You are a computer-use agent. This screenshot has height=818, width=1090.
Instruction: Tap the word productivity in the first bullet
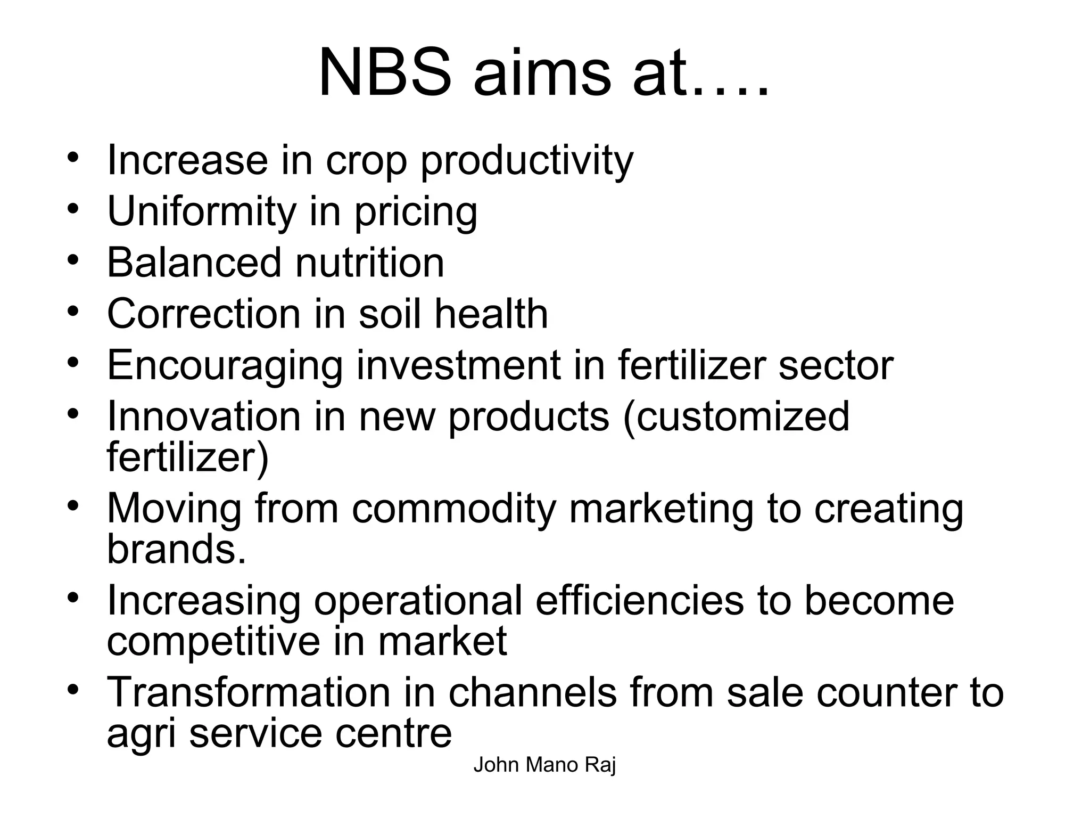point(527,160)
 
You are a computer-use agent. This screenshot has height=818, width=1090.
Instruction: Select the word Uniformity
point(201,211)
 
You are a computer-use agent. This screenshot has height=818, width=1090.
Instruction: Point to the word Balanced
point(194,263)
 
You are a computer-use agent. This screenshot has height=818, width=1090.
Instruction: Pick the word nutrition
point(369,263)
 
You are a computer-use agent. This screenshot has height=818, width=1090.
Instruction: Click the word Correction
point(204,314)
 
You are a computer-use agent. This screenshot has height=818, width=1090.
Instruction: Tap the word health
point(491,314)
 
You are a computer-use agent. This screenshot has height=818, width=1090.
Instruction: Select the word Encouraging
point(225,366)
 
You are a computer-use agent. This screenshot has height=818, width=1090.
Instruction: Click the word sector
point(836,366)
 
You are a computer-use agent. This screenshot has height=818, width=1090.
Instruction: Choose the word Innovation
point(204,416)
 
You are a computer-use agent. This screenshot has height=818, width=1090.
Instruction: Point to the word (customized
point(736,417)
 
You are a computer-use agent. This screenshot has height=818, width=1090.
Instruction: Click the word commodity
point(454,509)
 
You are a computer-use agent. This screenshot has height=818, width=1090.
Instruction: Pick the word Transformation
point(248,692)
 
